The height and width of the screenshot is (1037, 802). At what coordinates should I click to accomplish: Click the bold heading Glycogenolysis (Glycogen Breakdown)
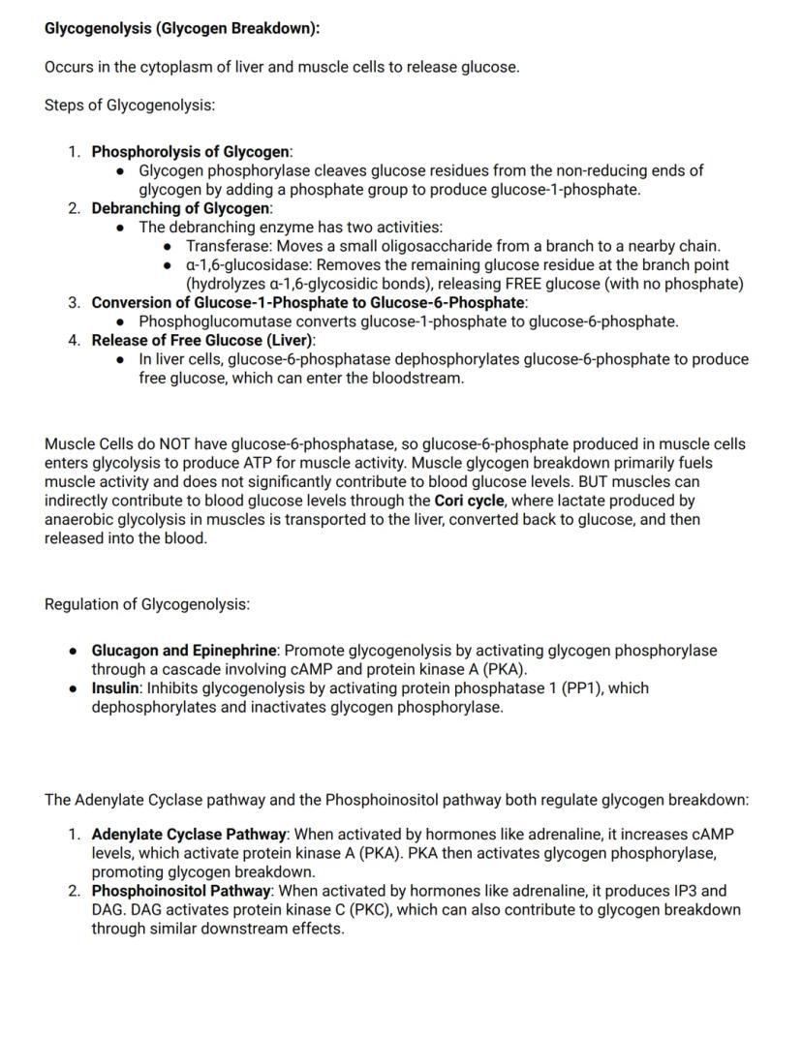[x=182, y=28]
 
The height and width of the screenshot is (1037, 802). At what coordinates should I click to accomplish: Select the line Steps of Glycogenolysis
[x=130, y=105]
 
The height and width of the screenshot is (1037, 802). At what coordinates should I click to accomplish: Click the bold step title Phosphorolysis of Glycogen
[x=190, y=152]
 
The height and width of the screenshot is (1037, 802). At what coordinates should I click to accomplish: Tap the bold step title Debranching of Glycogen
[x=180, y=208]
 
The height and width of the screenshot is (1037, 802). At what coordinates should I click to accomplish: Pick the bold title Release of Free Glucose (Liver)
[x=202, y=340]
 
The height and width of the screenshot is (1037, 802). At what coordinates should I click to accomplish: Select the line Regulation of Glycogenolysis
[x=147, y=604]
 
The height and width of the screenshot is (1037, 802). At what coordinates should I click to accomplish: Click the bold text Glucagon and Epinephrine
[x=185, y=651]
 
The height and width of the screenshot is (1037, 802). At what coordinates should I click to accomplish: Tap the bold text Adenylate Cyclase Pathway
[x=189, y=834]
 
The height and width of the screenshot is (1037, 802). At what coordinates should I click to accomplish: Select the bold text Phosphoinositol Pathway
[x=181, y=891]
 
